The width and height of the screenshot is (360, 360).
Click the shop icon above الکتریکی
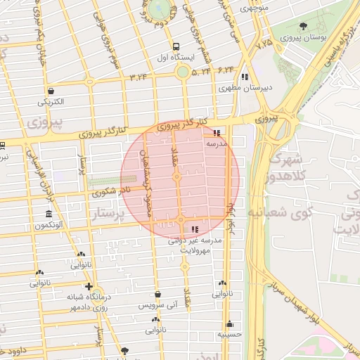pyautogui.click(x=51, y=91)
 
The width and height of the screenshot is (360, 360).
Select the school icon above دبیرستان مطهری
pyautogui.click(x=244, y=77)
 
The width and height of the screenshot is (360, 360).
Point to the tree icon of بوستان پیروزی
pyautogui.click(x=303, y=26)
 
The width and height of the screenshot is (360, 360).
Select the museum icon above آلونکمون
pyautogui.click(x=49, y=214)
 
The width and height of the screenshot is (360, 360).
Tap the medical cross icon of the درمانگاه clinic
pyautogui.click(x=89, y=286)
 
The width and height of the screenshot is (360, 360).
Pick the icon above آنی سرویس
pyautogui.click(x=157, y=294)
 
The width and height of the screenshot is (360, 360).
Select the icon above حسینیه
pyautogui.click(x=229, y=324)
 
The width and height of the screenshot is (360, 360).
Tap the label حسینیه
pyautogui.click(x=229, y=335)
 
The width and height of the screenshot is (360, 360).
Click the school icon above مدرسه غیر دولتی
pyautogui.click(x=194, y=229)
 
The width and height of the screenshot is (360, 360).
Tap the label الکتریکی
pyautogui.click(x=51, y=102)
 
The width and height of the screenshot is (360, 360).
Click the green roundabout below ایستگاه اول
pyautogui.click(x=183, y=72)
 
